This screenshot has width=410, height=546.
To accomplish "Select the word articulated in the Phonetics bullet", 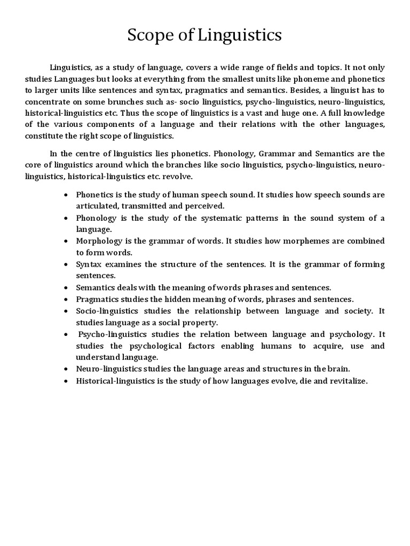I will (x=97, y=206).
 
